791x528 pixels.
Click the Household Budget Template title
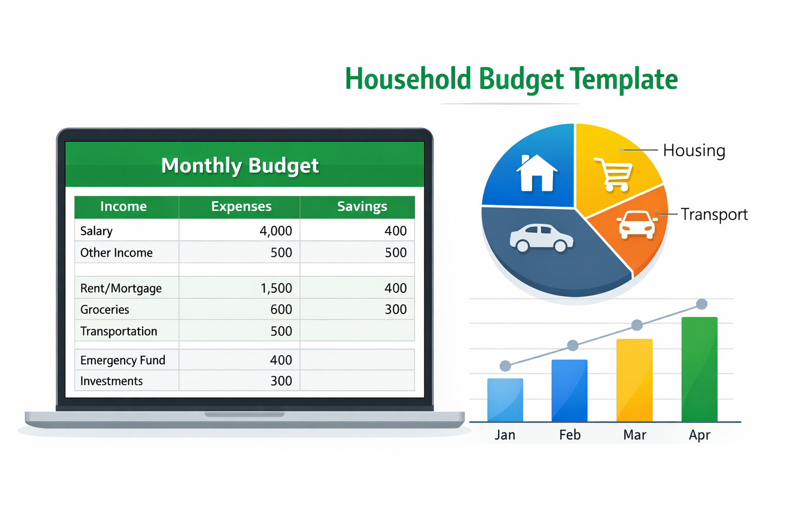pyautogui.click(x=511, y=79)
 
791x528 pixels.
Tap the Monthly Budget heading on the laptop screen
pyautogui.click(x=240, y=166)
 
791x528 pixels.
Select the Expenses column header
pyautogui.click(x=241, y=207)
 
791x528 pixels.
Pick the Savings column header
pyautogui.click(x=362, y=207)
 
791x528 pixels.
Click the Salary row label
pyautogui.click(x=96, y=231)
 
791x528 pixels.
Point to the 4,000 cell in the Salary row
pyautogui.click(x=276, y=231)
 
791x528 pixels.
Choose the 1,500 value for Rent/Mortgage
pyautogui.click(x=276, y=288)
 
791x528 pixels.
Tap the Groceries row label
pyautogui.click(x=105, y=310)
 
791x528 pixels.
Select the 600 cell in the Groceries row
pyautogui.click(x=281, y=310)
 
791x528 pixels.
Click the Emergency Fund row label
pyautogui.click(x=123, y=360)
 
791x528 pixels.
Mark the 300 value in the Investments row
pyautogui.click(x=281, y=381)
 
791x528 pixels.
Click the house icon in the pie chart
pyautogui.click(x=537, y=173)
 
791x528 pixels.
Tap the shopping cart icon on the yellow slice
pyautogui.click(x=614, y=174)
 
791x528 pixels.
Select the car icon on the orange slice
pyautogui.click(x=637, y=225)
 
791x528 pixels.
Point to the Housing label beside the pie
pyautogui.click(x=694, y=151)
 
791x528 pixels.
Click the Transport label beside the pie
pyautogui.click(x=714, y=214)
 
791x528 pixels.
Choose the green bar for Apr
pyautogui.click(x=699, y=369)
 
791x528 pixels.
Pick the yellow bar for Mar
pyautogui.click(x=634, y=380)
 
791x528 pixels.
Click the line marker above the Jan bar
pyautogui.click(x=505, y=366)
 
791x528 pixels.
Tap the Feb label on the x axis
pyautogui.click(x=570, y=435)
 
